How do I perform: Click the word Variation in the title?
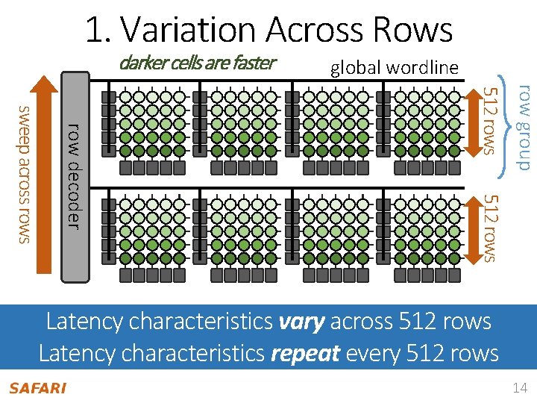click(x=187, y=31)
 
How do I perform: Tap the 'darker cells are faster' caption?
click(x=197, y=63)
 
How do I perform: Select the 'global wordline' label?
click(x=394, y=68)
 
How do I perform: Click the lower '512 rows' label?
click(x=489, y=228)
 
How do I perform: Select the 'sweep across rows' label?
click(x=25, y=173)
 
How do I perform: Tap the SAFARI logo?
click(x=37, y=388)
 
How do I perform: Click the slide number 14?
click(x=520, y=388)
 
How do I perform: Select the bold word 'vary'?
click(x=301, y=322)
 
